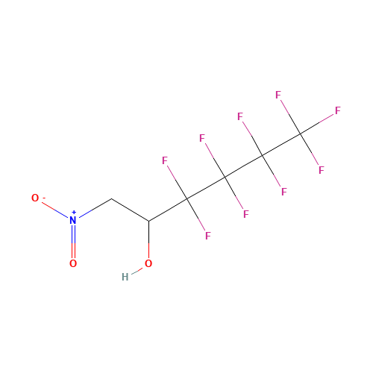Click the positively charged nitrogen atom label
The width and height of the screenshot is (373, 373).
coord(73,220)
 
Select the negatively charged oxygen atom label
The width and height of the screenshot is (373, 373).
coord(35,198)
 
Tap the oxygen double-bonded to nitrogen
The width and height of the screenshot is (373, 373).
coord(73,263)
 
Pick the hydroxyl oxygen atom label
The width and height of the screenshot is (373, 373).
coord(148,263)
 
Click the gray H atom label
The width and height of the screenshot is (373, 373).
coord(125,277)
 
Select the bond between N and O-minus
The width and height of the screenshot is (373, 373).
coord(55,210)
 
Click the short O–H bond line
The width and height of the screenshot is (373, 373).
coord(137,271)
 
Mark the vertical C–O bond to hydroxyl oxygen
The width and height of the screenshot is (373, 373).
coord(148,239)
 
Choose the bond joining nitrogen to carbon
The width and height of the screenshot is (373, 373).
coord(95,208)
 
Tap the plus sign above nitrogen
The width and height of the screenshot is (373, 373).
coord(74,212)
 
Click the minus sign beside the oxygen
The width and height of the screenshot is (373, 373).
coord(44,198)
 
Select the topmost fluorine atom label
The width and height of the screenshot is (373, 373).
coord(278,95)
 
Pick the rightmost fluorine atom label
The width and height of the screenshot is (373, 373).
coord(337,110)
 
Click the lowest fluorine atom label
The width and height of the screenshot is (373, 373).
coord(208,236)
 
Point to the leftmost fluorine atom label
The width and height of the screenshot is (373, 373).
coord(165,160)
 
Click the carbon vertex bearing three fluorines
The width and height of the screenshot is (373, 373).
coord(301,134)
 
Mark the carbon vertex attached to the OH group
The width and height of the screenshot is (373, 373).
coord(148,221)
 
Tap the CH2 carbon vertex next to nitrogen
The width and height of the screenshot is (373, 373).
coord(111,199)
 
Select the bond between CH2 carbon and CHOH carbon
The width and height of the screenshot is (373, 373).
coord(130,210)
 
